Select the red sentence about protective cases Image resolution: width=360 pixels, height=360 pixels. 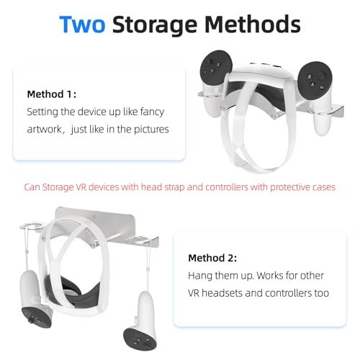pyautogui.click(x=180, y=187)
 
